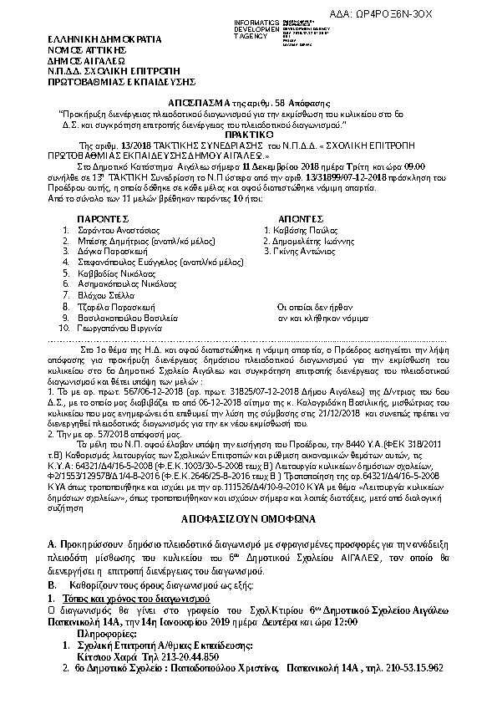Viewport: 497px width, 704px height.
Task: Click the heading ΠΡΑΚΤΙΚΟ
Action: pos(249,134)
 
